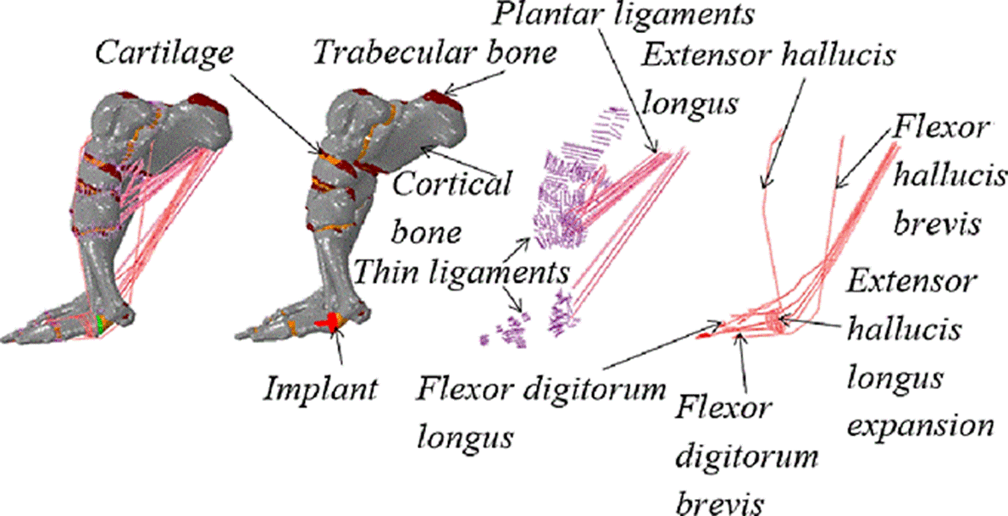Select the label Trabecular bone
click(435, 53)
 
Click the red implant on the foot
click(325, 322)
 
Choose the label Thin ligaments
click(460, 273)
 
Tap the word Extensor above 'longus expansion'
click(915, 281)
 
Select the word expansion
click(919, 424)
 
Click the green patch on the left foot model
click(102, 323)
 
